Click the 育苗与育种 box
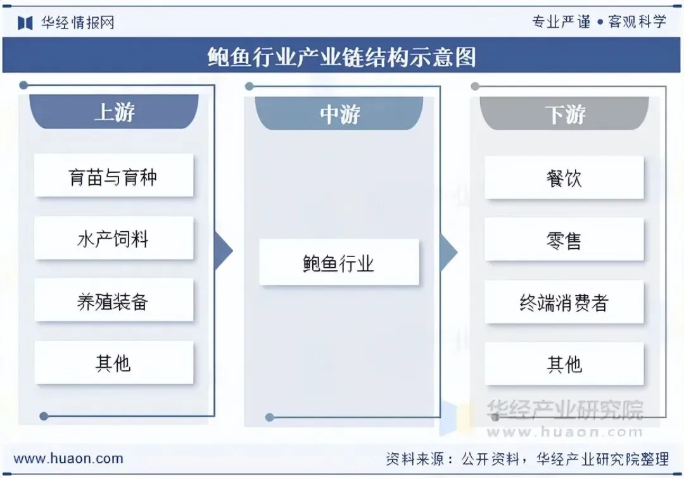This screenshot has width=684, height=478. [113, 176]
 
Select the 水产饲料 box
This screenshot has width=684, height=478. [113, 239]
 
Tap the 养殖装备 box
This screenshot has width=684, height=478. [113, 301]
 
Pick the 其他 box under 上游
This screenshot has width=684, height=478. [113, 363]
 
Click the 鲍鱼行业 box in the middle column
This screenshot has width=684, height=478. [339, 262]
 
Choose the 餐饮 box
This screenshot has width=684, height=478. [564, 178]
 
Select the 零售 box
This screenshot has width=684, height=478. [564, 240]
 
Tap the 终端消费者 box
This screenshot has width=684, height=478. [564, 303]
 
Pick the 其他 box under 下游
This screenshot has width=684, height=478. [564, 365]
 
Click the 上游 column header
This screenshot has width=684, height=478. [114, 112]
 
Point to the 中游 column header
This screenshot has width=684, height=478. [339, 114]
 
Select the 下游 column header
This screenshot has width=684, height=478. [564, 114]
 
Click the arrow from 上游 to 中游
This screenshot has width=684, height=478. [223, 251]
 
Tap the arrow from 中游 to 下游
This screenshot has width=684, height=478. [448, 251]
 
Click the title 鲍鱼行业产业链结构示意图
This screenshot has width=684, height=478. [341, 58]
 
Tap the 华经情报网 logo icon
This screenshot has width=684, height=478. [25, 23]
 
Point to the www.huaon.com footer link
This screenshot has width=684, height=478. [68, 458]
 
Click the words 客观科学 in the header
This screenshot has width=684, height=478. [637, 22]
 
